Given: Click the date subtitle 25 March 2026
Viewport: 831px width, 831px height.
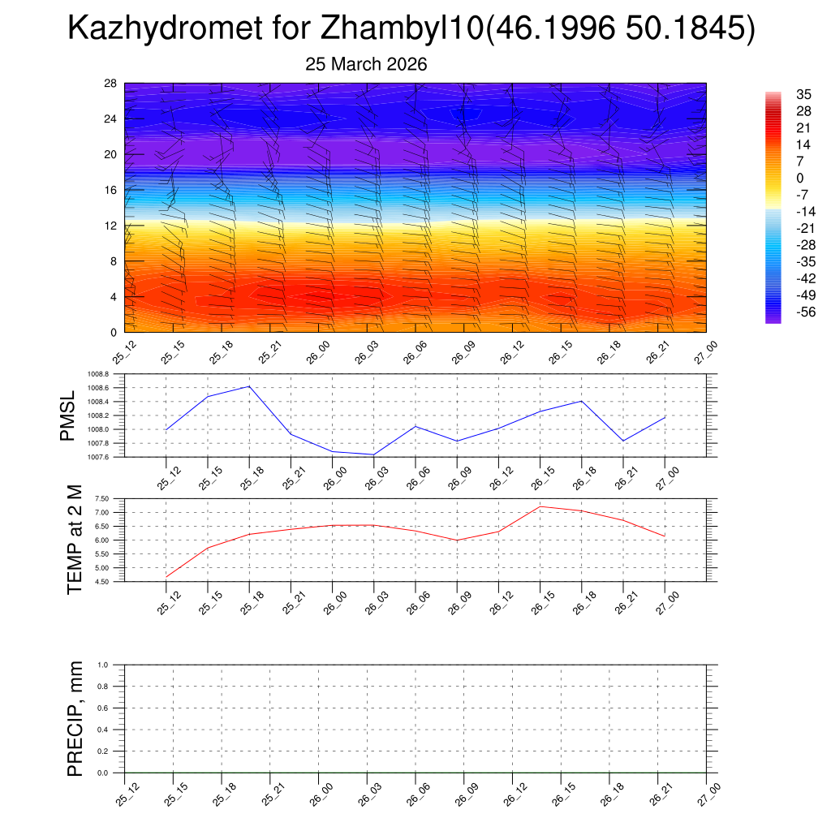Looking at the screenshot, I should [x=366, y=64].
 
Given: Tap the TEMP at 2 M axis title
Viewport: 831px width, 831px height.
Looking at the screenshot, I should [x=75, y=540].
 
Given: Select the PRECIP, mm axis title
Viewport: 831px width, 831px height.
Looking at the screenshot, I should [x=75, y=719].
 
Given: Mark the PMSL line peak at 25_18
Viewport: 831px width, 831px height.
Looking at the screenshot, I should [x=249, y=386].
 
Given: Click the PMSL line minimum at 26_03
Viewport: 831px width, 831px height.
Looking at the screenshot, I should [x=374, y=454].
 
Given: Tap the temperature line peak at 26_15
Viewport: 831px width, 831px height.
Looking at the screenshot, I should [x=540, y=506].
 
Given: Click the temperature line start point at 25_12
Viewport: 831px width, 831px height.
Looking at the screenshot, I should [x=166, y=576].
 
